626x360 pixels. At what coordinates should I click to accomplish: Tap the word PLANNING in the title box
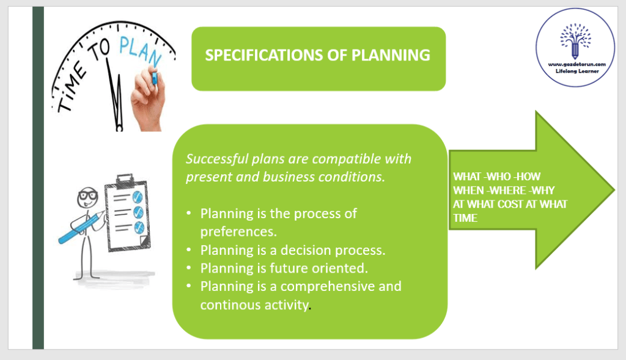pyautogui.click(x=391, y=55)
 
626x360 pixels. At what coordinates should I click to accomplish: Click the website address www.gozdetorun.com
pyautogui.click(x=576, y=64)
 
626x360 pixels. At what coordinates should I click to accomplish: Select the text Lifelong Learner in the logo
pyautogui.click(x=577, y=71)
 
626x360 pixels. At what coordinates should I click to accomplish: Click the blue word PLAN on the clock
pyautogui.click(x=141, y=51)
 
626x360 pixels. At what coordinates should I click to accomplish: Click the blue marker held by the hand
pyautogui.click(x=154, y=76)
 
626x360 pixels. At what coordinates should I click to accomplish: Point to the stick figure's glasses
pyautogui.click(x=87, y=196)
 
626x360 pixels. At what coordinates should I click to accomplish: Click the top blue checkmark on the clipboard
pyautogui.click(x=138, y=196)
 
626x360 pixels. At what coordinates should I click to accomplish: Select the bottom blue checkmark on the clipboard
pyautogui.click(x=139, y=227)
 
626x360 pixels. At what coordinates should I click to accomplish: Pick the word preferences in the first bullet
pyautogui.click(x=238, y=232)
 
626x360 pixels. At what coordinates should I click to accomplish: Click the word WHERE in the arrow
pyautogui.click(x=508, y=190)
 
